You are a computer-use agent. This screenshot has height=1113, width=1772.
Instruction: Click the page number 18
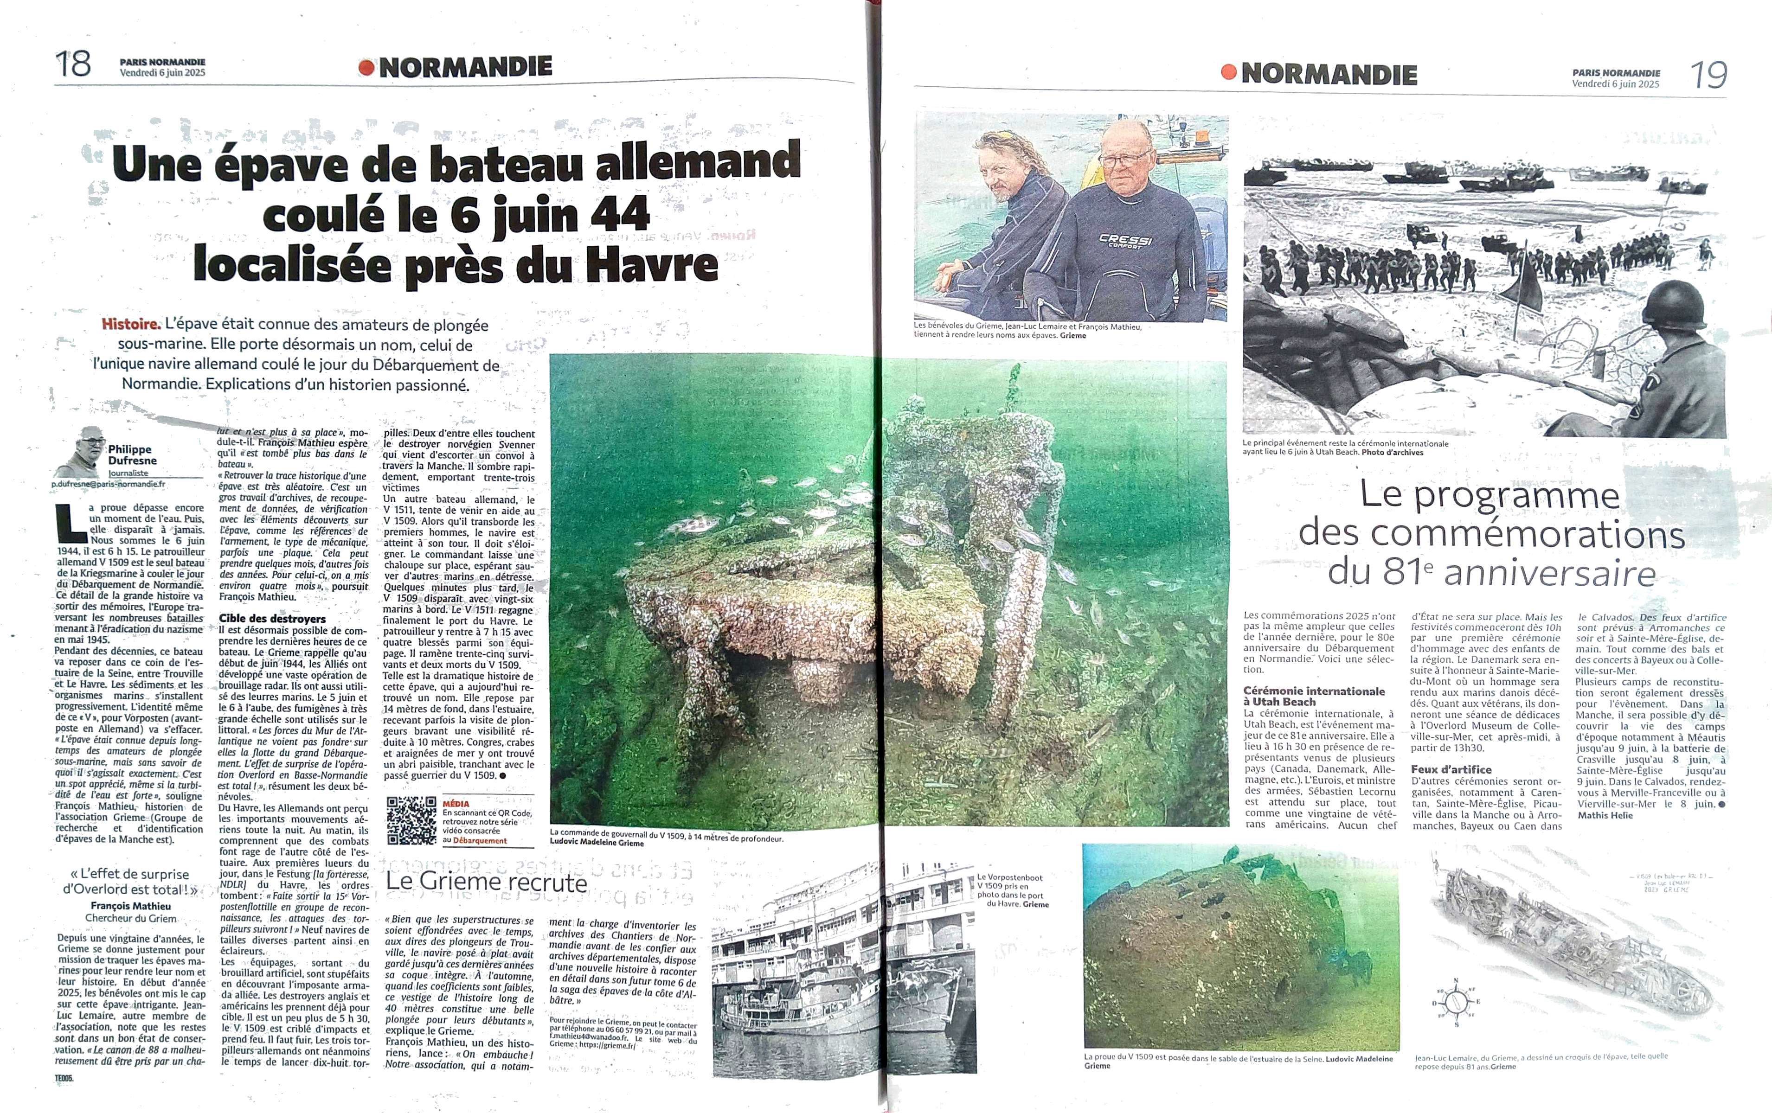click(x=73, y=64)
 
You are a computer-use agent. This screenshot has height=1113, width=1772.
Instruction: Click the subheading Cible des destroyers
click(x=271, y=619)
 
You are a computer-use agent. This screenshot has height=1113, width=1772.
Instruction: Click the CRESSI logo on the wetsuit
click(x=1125, y=241)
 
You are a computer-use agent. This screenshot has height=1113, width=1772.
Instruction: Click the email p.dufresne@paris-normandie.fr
click(x=109, y=485)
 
